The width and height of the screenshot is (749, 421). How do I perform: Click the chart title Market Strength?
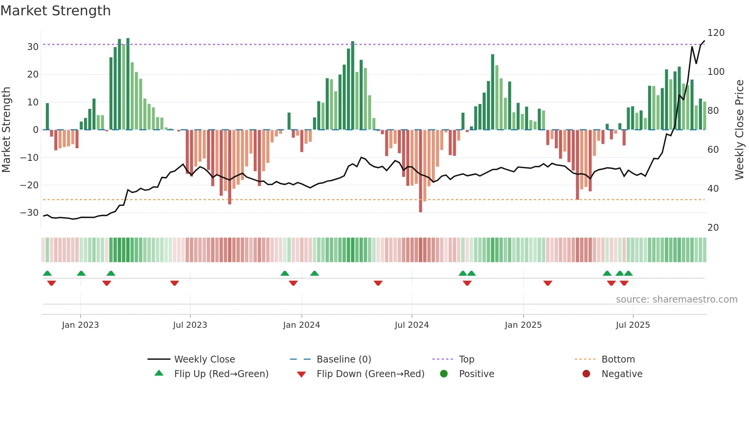click(x=55, y=11)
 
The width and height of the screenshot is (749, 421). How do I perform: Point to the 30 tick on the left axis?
click(x=33, y=47)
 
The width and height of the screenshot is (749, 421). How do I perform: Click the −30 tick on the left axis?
click(x=30, y=213)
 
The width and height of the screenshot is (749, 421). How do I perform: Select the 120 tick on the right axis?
click(x=716, y=33)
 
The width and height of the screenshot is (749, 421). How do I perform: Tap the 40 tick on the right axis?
click(x=713, y=189)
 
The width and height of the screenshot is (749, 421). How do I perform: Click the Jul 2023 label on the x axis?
click(x=190, y=325)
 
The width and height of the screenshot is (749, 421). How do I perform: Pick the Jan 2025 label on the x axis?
click(x=523, y=325)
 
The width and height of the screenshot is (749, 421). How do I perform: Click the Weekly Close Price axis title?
click(x=739, y=130)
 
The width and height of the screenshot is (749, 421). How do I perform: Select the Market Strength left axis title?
click(x=6, y=130)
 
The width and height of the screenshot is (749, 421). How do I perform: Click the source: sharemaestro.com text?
click(x=676, y=300)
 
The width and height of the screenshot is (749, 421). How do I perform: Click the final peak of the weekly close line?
click(x=704, y=41)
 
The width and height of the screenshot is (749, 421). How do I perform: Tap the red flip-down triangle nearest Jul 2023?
click(x=175, y=283)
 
